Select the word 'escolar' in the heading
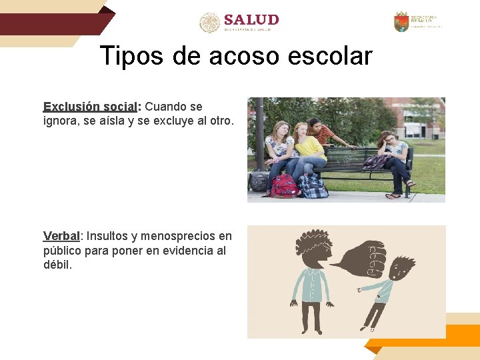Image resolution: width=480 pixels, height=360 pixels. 330,56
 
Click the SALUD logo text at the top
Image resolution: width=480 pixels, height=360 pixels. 251,20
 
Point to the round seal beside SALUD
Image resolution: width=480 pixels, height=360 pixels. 209,22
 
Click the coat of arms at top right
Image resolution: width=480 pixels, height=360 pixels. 401,22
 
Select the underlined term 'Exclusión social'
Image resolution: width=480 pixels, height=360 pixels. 89,107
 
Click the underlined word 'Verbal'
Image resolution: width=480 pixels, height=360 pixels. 61,236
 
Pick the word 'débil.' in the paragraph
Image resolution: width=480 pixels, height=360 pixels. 57,265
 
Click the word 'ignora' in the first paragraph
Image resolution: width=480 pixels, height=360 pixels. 60,121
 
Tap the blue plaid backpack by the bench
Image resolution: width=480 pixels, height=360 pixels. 313,186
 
